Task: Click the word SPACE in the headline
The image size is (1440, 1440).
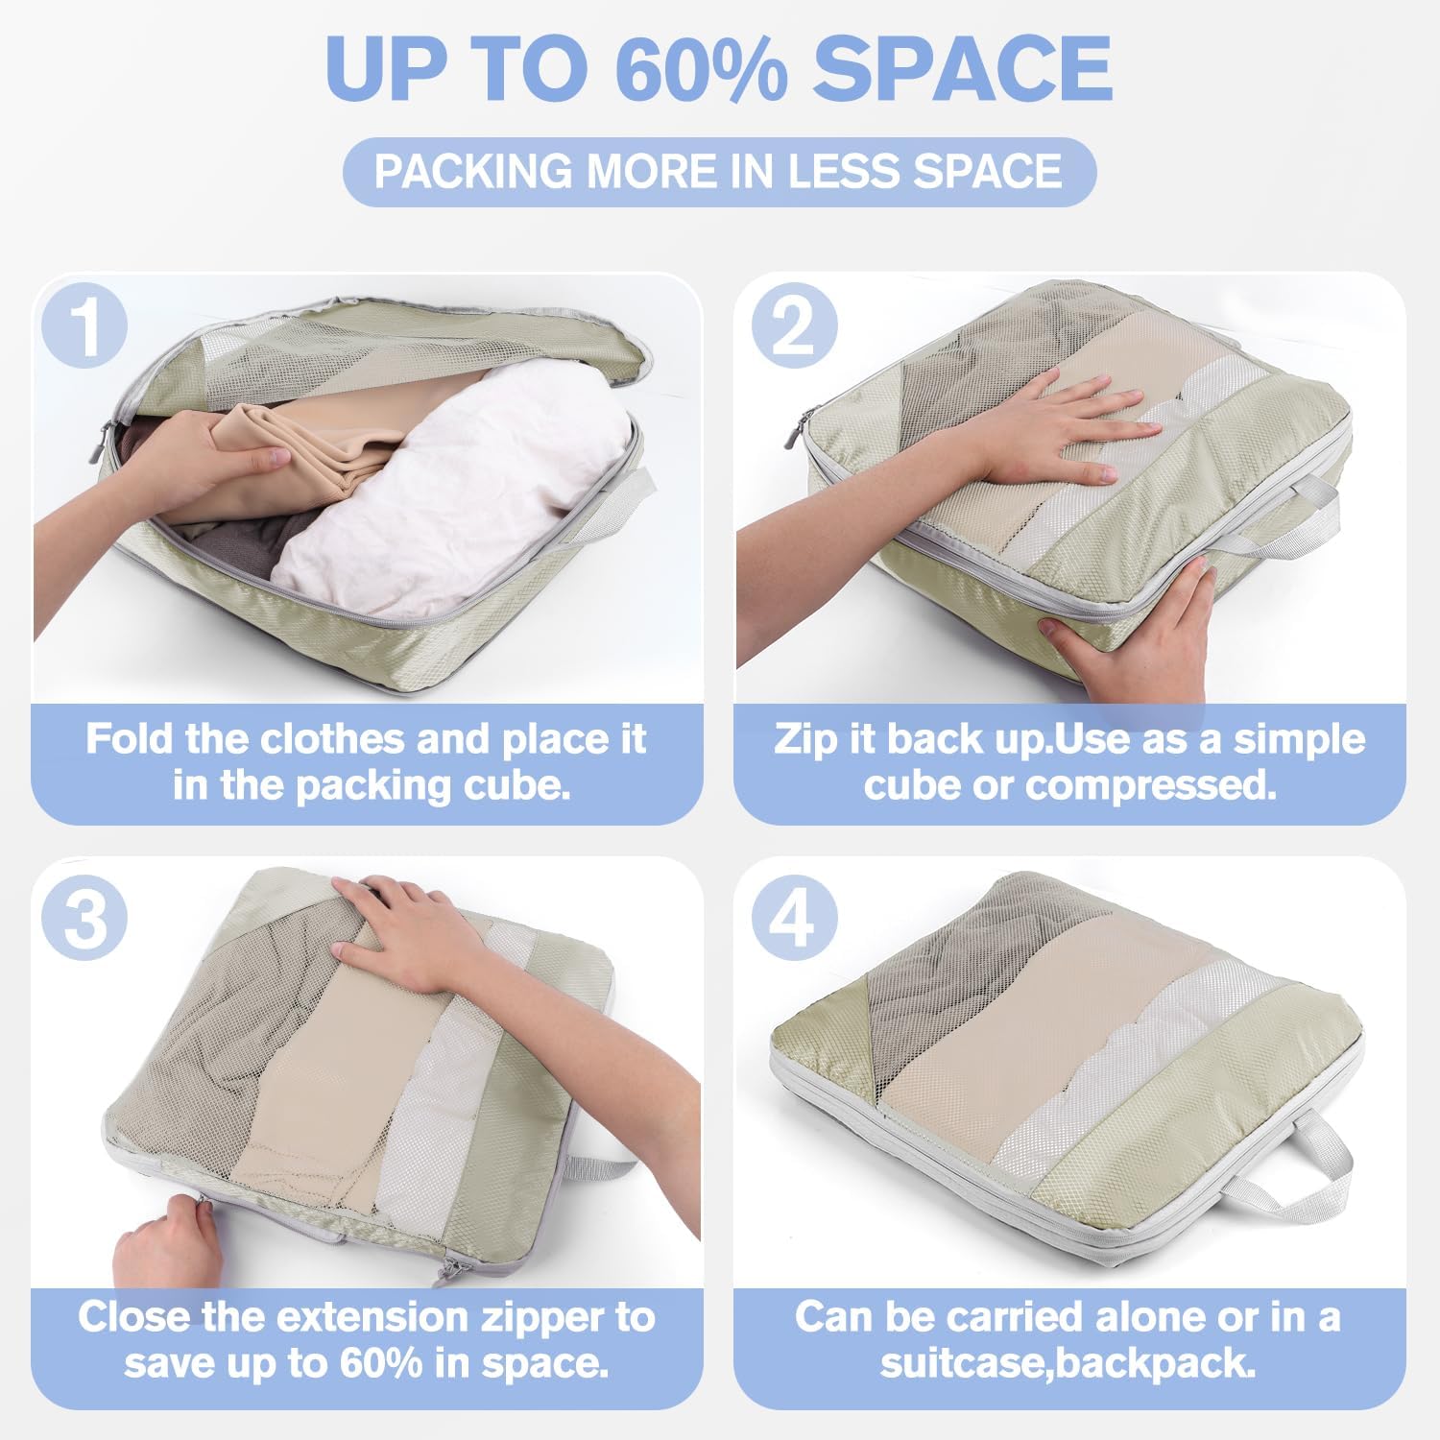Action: (963, 69)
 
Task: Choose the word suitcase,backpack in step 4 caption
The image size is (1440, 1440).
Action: (1068, 1363)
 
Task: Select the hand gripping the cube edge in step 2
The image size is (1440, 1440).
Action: (1133, 638)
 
